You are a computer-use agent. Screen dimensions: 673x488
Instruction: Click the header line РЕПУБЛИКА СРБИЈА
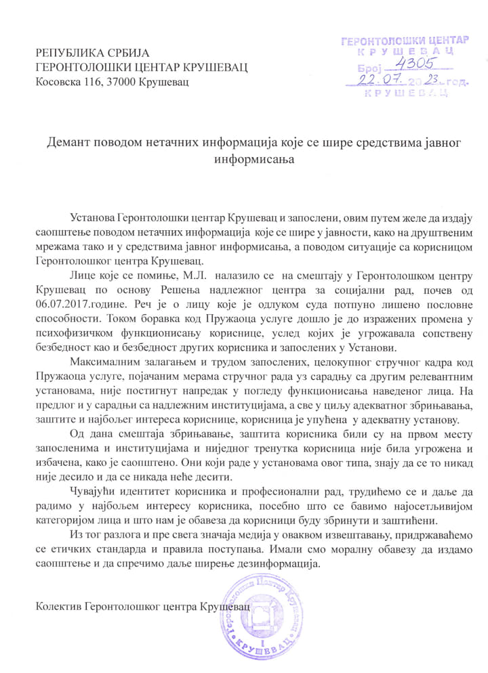click(x=92, y=53)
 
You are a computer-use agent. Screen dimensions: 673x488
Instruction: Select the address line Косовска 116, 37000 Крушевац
click(x=113, y=82)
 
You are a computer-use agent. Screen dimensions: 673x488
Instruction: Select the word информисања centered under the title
click(x=243, y=159)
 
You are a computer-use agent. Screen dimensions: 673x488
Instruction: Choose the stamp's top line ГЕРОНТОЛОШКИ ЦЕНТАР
click(x=405, y=41)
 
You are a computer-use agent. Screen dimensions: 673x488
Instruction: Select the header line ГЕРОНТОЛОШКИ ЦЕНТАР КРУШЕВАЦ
click(x=142, y=67)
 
